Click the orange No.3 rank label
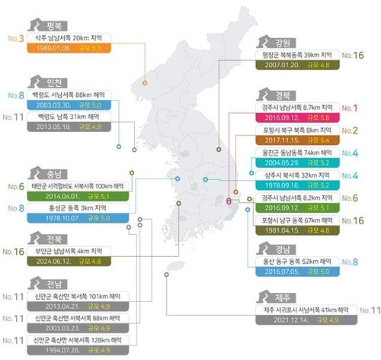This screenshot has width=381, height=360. click(x=14, y=37)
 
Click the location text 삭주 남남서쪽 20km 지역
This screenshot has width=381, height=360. click(x=70, y=37)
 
